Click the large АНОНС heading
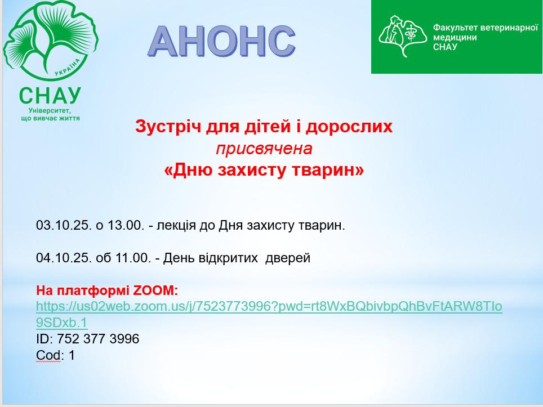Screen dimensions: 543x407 (221, 41)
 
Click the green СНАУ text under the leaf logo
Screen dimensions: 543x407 (50, 96)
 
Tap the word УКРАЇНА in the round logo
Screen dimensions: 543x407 (68, 67)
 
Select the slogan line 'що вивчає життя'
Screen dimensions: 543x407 (50, 118)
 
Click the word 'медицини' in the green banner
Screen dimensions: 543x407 (455, 37)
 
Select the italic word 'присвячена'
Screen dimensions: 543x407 (264, 149)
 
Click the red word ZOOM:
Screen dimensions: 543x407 (155, 290)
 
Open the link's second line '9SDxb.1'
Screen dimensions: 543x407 (61, 323)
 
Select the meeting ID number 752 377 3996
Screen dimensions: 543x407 (98, 339)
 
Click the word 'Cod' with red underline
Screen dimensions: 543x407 (48, 355)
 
